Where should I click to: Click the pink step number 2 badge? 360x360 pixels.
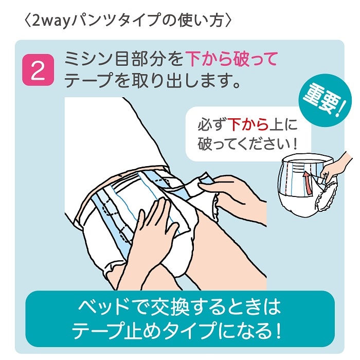coord(38,70)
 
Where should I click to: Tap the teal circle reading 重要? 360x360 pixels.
coord(325,100)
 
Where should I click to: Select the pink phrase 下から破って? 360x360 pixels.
coord(231,59)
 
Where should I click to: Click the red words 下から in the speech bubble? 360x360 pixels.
coord(248,124)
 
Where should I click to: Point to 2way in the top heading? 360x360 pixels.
coord(51,21)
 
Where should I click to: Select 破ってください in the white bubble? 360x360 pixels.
coord(243,144)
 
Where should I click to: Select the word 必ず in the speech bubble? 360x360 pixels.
coord(212,125)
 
